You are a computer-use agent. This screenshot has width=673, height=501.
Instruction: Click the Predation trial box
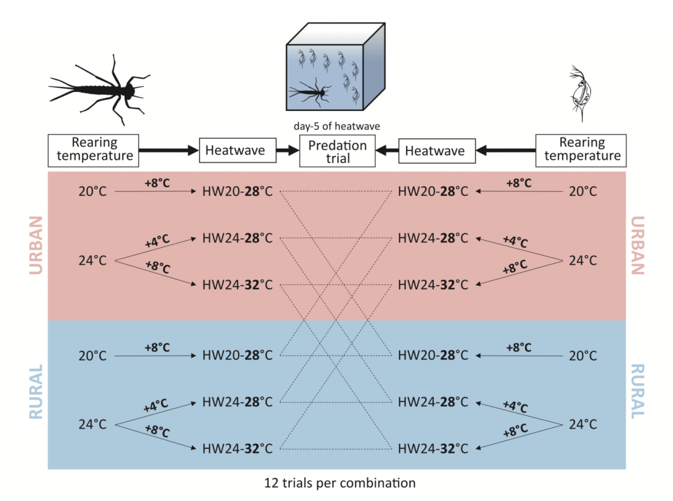[337, 151]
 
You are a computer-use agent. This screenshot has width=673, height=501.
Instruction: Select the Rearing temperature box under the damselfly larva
[93, 149]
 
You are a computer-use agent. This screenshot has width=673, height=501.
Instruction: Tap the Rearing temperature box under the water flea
[581, 149]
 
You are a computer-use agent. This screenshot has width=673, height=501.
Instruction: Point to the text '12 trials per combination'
[336, 483]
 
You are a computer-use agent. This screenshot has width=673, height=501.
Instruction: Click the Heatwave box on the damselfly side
[235, 151]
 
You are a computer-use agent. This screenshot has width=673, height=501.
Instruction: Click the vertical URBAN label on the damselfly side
[36, 245]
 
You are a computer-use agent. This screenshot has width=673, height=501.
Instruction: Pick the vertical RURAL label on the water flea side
[637, 392]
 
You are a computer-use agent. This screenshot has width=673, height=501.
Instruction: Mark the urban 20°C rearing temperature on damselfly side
[93, 192]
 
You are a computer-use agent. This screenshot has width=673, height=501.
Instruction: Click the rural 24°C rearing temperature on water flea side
[582, 425]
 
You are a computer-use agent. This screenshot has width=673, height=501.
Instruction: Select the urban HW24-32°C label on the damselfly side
[237, 285]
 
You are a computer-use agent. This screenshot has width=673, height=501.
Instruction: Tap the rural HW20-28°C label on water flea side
[433, 356]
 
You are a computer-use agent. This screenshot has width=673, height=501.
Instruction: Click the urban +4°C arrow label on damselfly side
[156, 241]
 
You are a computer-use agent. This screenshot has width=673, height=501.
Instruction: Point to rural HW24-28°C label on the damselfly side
[237, 401]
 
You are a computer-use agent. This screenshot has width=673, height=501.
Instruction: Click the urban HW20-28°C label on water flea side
[433, 192]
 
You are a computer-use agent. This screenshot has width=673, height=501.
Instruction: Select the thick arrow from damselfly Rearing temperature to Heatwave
[168, 151]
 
